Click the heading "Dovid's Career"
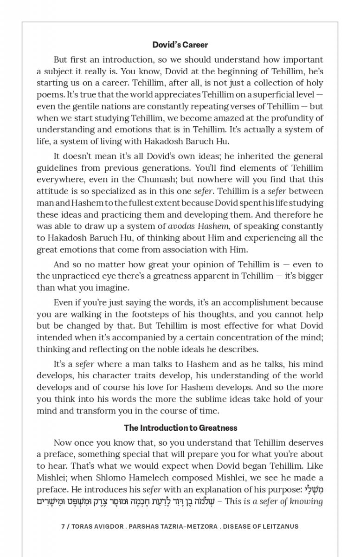click(180, 45)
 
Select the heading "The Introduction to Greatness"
click(180, 428)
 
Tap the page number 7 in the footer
click(63, 526)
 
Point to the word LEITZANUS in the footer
click(279, 526)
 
